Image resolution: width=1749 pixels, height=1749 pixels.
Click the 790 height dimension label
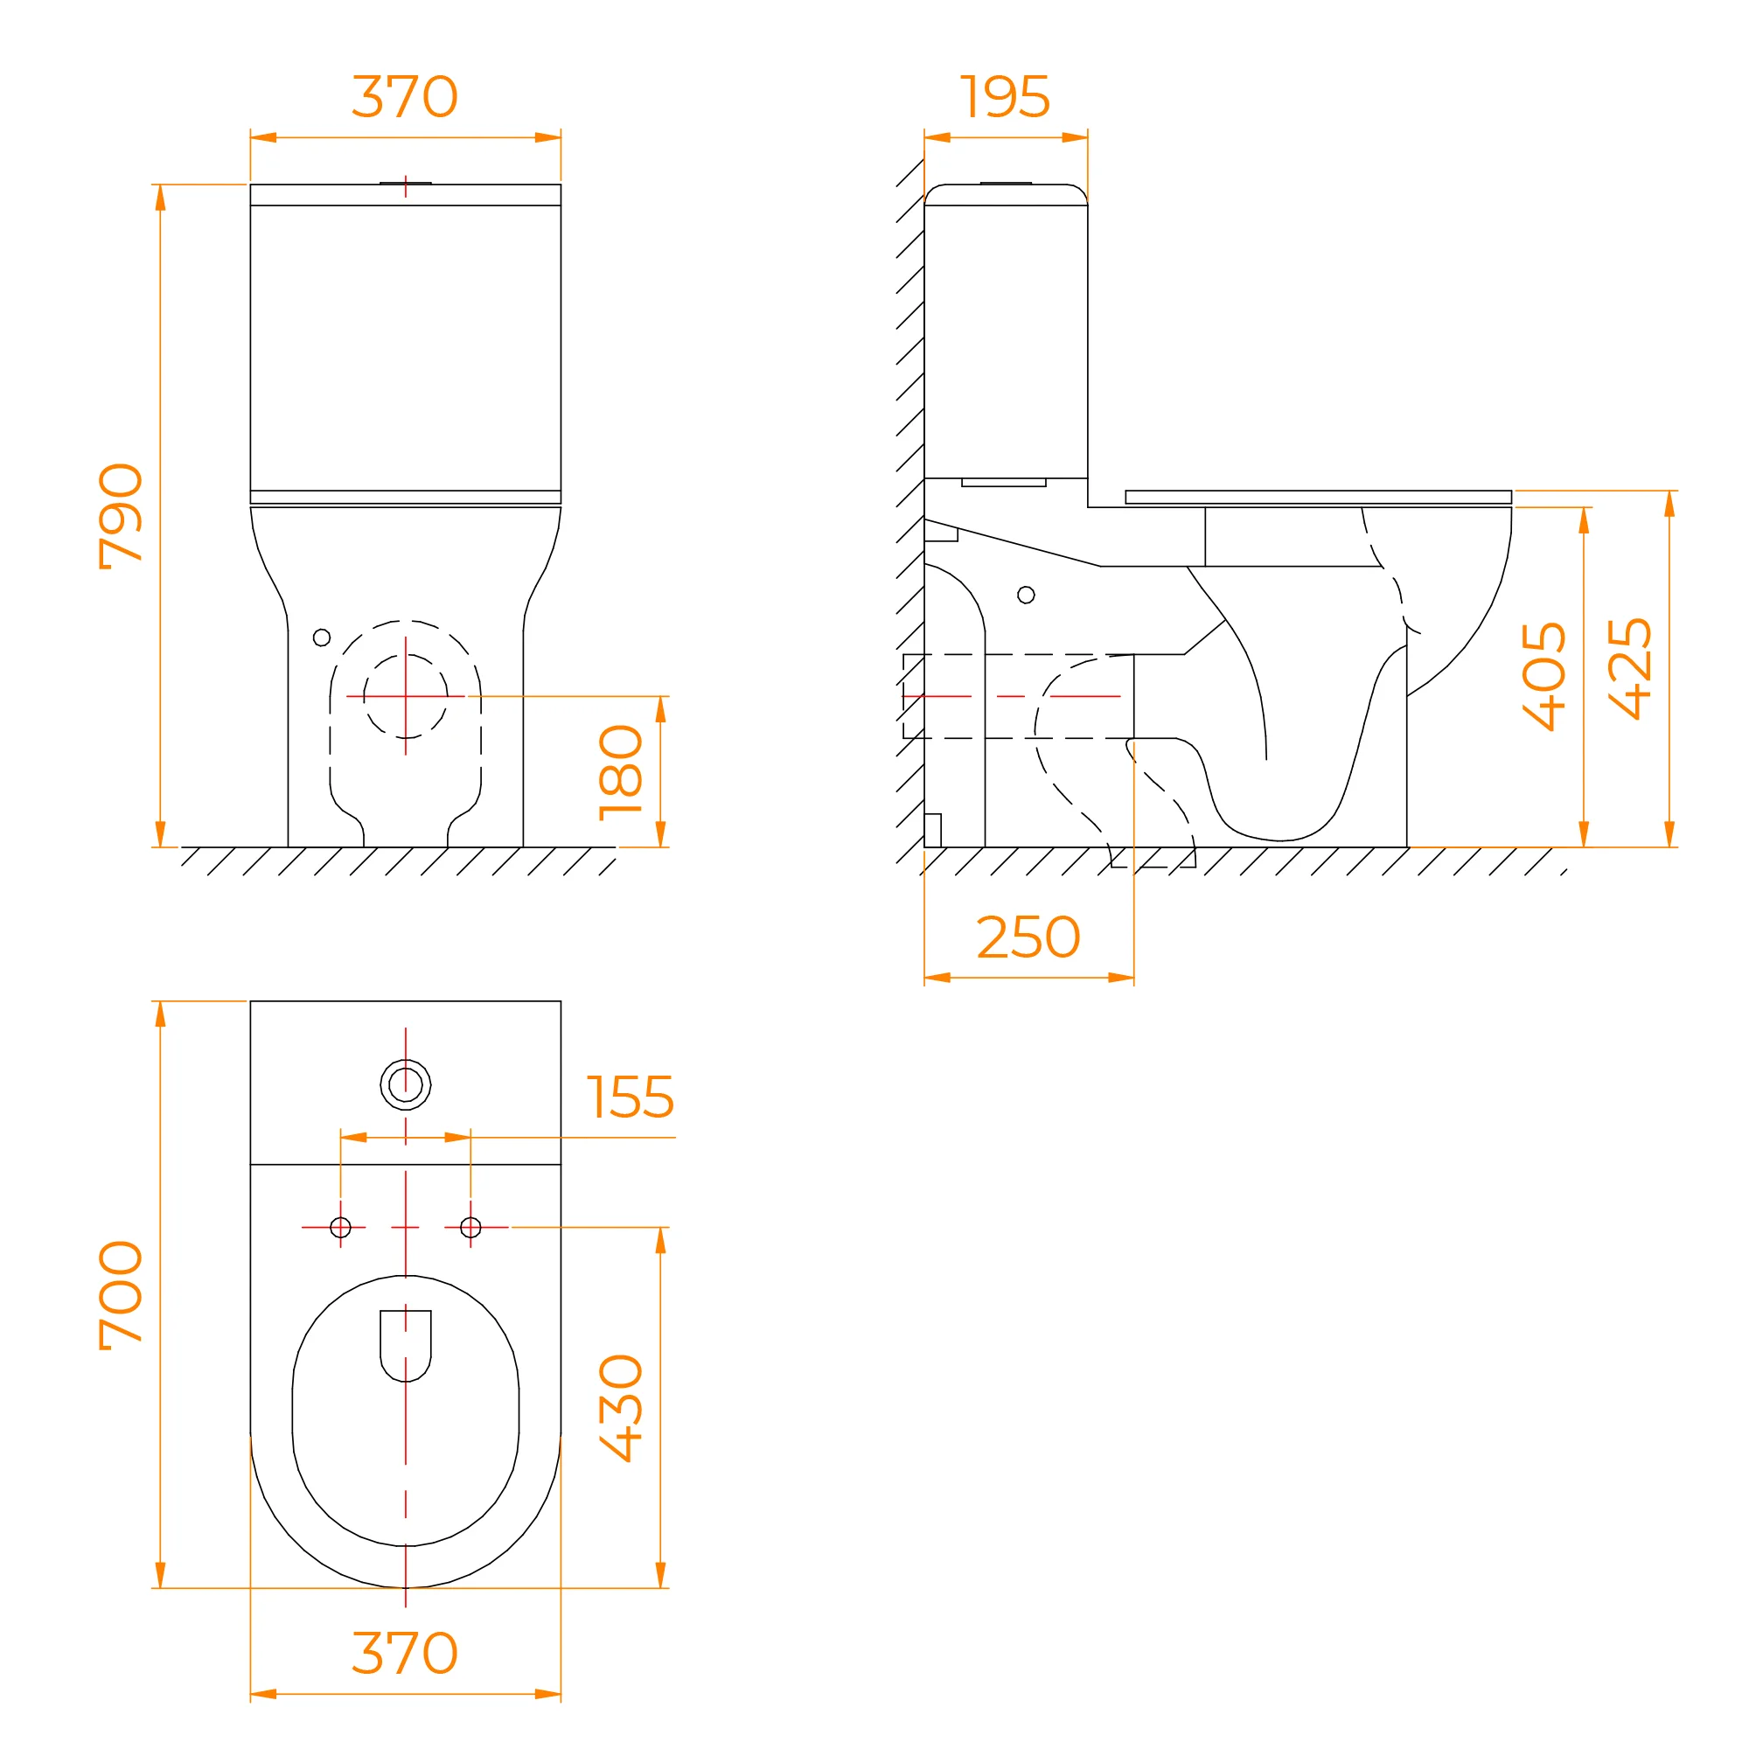coord(121,516)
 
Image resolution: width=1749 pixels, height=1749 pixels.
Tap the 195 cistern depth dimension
coord(1005,97)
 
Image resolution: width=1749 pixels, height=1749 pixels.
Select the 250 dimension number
coord(1028,937)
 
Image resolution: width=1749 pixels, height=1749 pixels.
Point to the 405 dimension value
coord(1543,676)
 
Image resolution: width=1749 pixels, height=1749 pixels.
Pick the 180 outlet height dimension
coord(621,772)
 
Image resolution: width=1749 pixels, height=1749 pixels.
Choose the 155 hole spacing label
coord(630,1097)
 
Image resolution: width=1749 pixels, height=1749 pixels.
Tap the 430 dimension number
coord(621,1408)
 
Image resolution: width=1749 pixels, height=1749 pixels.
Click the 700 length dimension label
coord(121,1295)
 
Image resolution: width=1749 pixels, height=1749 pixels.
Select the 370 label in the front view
coord(405,97)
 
